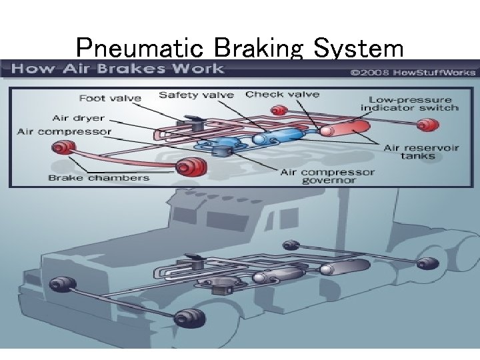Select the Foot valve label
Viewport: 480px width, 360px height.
click(x=110, y=98)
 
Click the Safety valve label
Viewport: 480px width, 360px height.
click(x=196, y=95)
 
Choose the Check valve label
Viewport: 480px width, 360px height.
click(x=282, y=94)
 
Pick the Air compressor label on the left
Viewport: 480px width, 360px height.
click(x=64, y=131)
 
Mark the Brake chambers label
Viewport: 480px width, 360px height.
click(x=99, y=177)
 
